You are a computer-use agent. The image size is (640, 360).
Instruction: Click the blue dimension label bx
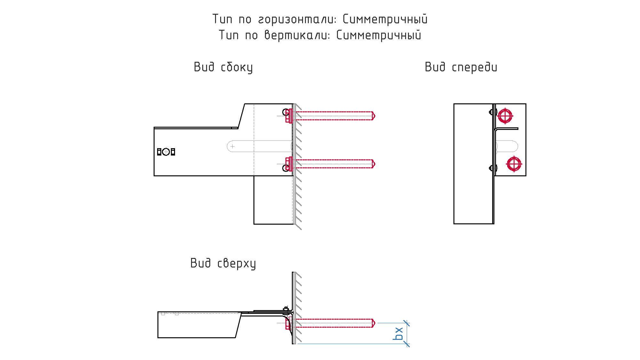[399, 333]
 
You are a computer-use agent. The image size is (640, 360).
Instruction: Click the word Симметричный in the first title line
[385, 19]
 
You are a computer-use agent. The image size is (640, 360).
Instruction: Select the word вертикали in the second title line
[297, 35]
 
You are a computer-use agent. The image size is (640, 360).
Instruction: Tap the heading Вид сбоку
[223, 67]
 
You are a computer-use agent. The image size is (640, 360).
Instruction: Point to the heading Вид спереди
[461, 67]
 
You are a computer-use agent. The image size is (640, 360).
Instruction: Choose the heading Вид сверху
[223, 263]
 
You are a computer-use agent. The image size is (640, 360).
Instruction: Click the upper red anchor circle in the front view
[505, 116]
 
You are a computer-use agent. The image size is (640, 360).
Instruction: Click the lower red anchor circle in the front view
[514, 164]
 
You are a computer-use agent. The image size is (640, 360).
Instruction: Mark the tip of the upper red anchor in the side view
[375, 116]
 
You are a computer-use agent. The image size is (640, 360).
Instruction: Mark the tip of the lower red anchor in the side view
[375, 164]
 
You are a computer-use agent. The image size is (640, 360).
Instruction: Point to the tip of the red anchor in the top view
[375, 323]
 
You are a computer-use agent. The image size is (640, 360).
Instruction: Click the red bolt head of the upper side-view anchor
[289, 116]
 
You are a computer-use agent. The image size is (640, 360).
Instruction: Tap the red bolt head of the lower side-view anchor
[289, 164]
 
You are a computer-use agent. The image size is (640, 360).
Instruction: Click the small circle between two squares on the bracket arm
[166, 152]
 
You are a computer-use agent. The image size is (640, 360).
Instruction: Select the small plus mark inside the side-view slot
[233, 146]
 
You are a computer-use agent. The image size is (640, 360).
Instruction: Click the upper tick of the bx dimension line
[407, 323]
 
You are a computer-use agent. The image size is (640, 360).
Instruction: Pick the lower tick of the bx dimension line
[407, 344]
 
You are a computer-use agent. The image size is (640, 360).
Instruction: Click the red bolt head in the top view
[288, 323]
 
